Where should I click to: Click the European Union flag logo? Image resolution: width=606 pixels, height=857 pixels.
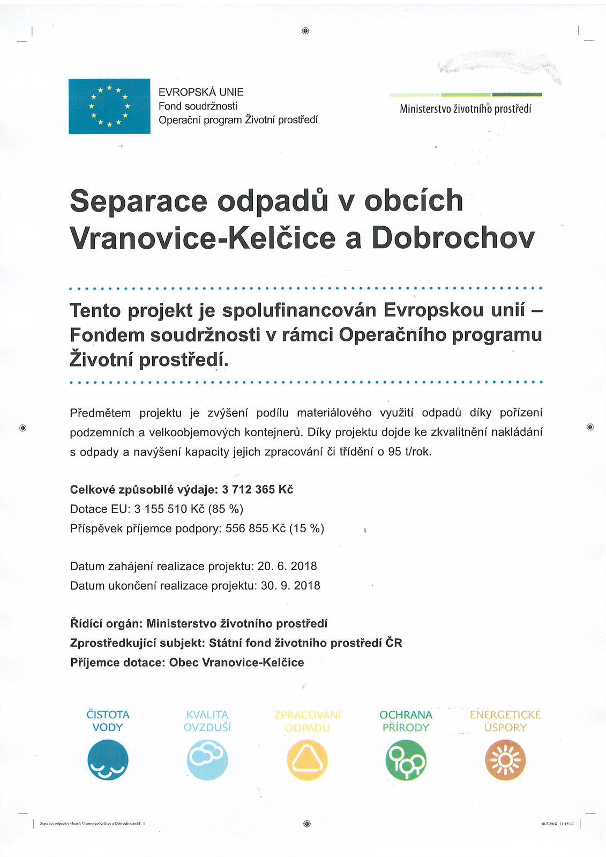(x=109, y=106)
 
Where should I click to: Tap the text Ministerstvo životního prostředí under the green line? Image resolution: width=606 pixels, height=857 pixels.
(x=465, y=109)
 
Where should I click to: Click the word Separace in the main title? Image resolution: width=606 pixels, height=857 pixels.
(x=138, y=201)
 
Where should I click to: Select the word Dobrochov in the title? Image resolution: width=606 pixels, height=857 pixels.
(x=453, y=238)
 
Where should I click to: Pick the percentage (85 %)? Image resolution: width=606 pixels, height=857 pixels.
(x=227, y=509)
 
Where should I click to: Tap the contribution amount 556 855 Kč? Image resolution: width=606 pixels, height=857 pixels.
(x=256, y=528)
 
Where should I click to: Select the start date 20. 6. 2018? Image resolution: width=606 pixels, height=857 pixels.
(x=287, y=566)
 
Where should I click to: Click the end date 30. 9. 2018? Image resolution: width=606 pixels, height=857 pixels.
(x=290, y=585)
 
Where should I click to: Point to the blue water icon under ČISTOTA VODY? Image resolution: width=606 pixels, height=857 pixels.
(x=108, y=760)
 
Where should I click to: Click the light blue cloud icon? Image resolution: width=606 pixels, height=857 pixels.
(x=207, y=760)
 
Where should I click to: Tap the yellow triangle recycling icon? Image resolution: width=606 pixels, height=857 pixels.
(x=307, y=760)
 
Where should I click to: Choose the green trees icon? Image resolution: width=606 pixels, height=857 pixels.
(x=406, y=760)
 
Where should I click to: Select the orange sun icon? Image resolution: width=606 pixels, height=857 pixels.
(x=505, y=760)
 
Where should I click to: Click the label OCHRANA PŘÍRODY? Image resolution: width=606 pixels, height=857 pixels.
(x=406, y=721)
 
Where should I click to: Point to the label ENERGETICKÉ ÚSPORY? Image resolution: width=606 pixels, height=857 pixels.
(x=505, y=721)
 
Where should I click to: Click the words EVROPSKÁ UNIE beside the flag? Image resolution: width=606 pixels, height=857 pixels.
(x=201, y=92)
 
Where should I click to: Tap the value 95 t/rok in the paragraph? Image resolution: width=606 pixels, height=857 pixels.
(x=409, y=451)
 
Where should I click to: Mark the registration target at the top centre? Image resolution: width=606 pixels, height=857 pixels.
(x=305, y=31)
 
